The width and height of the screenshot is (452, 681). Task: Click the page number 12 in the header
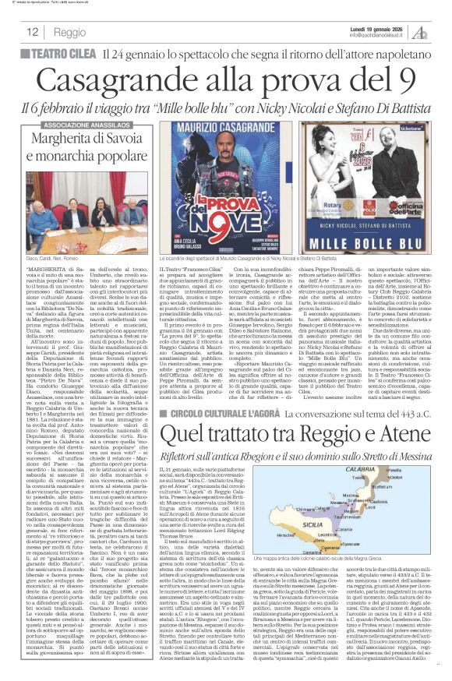[33, 32]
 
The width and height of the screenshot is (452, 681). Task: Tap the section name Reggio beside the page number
[71, 33]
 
